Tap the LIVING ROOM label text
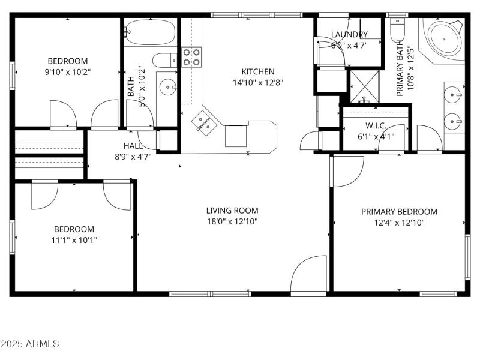pyautogui.click(x=232, y=211)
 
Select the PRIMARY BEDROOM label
pyautogui.click(x=399, y=212)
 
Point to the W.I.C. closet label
pyautogui.click(x=376, y=126)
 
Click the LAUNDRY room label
pyautogui.click(x=349, y=35)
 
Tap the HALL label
pyautogui.click(x=133, y=146)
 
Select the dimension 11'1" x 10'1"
pyautogui.click(x=75, y=240)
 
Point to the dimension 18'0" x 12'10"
pyautogui.click(x=232, y=221)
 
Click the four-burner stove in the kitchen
pyautogui.click(x=191, y=58)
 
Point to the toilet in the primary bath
pyautogui.click(x=397, y=29)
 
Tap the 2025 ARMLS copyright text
pyautogui.click(x=30, y=344)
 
